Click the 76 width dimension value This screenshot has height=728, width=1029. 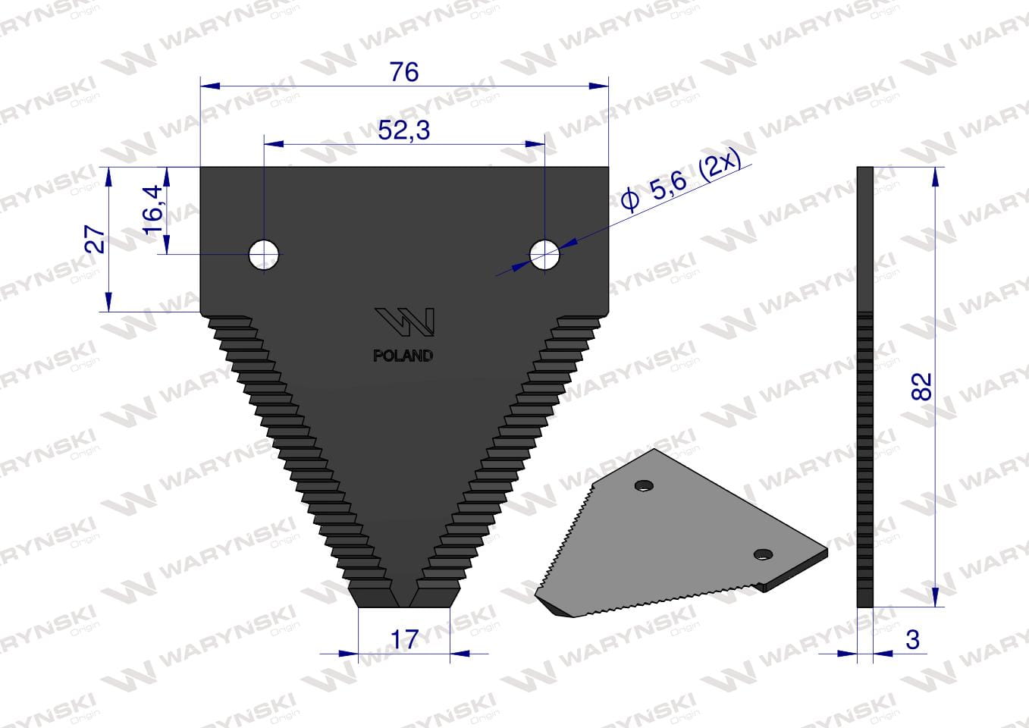click(404, 72)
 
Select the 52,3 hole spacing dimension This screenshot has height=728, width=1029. click(404, 130)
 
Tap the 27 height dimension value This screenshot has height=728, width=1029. click(96, 239)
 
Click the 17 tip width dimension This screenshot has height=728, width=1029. click(404, 639)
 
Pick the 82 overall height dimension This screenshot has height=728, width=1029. click(921, 386)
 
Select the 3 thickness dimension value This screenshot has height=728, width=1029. click(913, 639)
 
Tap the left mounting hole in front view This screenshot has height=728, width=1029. click(264, 255)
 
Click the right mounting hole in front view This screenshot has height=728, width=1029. click(544, 255)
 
